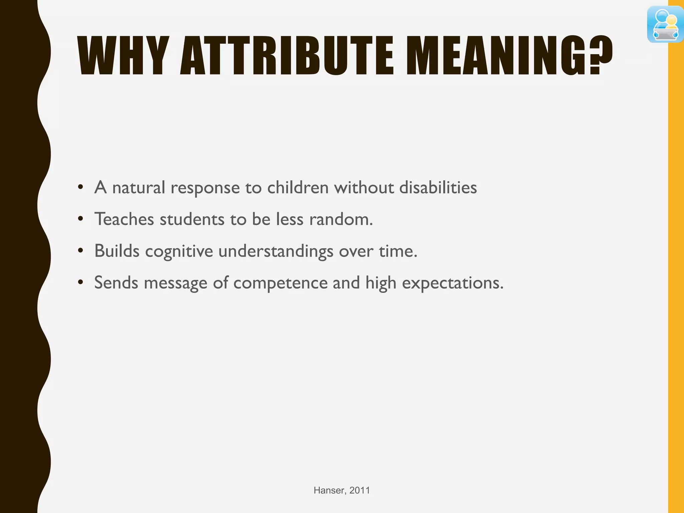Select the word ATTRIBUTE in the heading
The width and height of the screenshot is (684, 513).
[x=287, y=55]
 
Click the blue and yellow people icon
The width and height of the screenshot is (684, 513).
[x=665, y=25]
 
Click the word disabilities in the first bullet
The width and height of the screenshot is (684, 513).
[x=438, y=187]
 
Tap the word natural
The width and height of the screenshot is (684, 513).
[x=139, y=187]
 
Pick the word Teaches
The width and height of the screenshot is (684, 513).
[x=124, y=219]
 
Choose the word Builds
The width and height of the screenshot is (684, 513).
[x=117, y=251]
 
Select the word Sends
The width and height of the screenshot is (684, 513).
[x=116, y=283]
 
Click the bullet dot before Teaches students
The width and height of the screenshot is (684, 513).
[x=80, y=219]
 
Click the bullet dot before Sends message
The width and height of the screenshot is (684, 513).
[x=80, y=283]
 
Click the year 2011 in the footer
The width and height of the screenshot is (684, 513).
[x=360, y=490]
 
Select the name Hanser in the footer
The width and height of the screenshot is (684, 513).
[x=329, y=490]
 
